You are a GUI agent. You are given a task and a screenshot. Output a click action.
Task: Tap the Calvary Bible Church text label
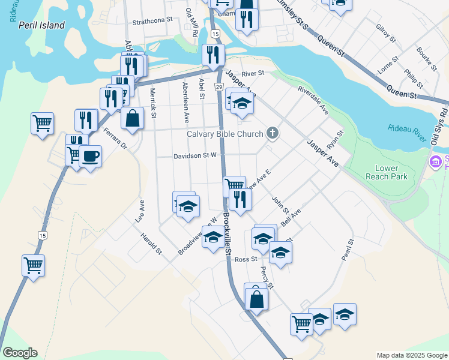pyautogui.click(x=225, y=134)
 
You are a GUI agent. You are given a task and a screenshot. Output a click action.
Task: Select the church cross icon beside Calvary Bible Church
pyautogui.click(x=273, y=133)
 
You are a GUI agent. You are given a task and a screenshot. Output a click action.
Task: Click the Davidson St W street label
pyautogui.click(x=194, y=155)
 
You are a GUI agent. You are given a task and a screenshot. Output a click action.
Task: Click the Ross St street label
pyautogui.click(x=246, y=259)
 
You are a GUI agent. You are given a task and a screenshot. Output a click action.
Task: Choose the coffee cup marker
pyautogui.click(x=90, y=157)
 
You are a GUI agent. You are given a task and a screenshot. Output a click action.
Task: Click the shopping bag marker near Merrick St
pyautogui.click(x=133, y=118)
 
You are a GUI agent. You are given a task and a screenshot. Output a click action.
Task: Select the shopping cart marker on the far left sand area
pyautogui.click(x=42, y=124)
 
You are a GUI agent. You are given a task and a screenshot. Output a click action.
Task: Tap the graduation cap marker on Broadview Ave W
pyautogui.click(x=212, y=238)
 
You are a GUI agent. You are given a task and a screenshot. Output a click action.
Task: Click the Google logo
pyautogui.click(x=19, y=353)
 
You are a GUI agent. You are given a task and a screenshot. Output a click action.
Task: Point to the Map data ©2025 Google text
pyautogui.click(x=411, y=355)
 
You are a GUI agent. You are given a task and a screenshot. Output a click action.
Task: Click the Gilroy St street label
pyautogui.click(x=386, y=34)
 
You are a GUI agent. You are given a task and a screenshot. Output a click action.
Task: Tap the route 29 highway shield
pyautogui.click(x=220, y=88)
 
